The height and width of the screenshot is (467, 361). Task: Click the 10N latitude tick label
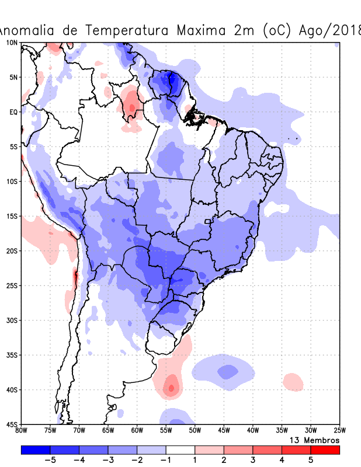coord(11,43)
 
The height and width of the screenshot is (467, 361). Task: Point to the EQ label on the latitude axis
coord(13,111)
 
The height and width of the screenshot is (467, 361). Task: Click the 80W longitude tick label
coord(22,430)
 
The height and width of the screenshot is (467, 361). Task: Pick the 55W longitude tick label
coord(166,430)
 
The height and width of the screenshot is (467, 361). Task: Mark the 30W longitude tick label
coord(310,430)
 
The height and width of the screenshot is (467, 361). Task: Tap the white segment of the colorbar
coord(180,449)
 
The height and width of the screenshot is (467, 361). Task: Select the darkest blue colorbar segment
coord(36,449)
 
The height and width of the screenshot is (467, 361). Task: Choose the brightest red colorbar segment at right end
coord(325,449)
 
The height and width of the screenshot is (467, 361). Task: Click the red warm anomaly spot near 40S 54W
coord(171,387)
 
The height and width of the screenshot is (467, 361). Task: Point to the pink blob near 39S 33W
coord(293,383)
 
